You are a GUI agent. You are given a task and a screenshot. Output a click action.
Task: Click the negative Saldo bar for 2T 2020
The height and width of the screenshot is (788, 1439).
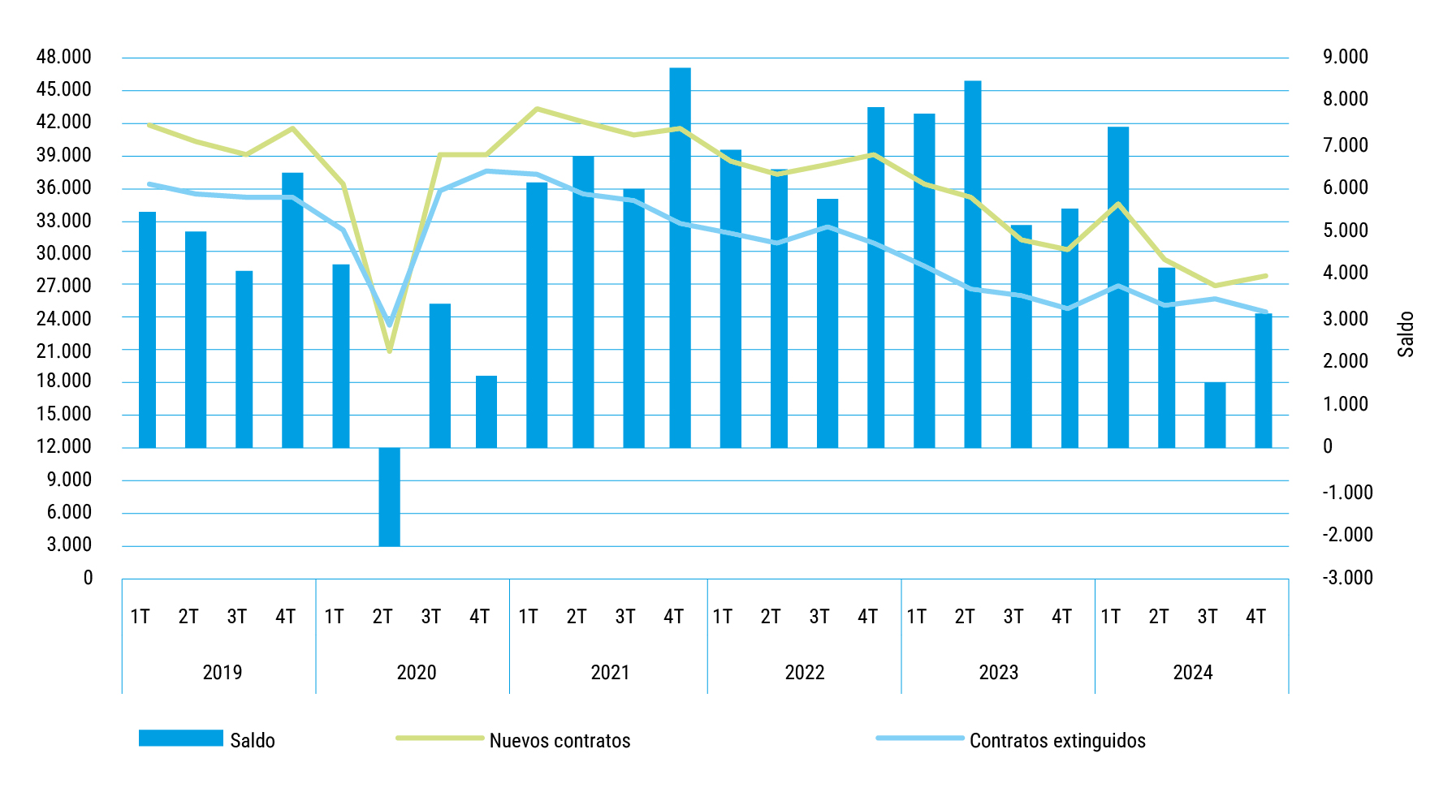tap(389, 496)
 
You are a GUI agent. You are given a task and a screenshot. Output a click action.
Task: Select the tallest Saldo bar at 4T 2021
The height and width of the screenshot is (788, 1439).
tap(680, 257)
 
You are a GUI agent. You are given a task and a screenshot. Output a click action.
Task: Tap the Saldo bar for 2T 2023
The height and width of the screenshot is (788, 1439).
tap(972, 264)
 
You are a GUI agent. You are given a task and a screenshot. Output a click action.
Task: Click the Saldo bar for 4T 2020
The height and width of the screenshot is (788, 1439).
tap(486, 411)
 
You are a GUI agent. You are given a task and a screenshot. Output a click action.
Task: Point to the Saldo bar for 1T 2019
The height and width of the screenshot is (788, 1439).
tap(147, 329)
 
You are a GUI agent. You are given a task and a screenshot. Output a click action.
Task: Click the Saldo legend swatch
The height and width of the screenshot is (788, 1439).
tap(180, 738)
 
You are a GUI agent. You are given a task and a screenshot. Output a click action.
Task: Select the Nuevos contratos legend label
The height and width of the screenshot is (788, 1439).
tap(560, 741)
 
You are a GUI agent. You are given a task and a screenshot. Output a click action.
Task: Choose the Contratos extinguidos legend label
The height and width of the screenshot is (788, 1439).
tap(1057, 741)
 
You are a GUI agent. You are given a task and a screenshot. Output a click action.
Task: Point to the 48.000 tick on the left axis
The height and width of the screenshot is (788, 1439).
tap(64, 57)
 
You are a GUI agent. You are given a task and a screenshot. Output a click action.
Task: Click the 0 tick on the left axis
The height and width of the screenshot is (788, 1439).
tap(88, 578)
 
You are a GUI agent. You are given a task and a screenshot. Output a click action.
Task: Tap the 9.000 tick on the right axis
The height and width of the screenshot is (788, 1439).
tap(1346, 57)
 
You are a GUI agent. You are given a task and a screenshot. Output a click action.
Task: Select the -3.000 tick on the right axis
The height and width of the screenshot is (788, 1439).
tap(1347, 578)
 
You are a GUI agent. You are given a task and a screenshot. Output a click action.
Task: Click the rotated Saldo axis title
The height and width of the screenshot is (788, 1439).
tap(1406, 334)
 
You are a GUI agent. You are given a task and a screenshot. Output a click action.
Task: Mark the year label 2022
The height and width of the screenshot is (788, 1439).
tap(804, 673)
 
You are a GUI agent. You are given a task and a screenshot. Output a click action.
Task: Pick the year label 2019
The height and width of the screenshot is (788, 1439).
tap(223, 673)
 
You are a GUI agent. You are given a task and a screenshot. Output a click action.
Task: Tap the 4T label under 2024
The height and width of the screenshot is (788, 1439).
tap(1255, 617)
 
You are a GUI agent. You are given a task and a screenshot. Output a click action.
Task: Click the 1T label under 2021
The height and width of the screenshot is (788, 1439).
tap(528, 617)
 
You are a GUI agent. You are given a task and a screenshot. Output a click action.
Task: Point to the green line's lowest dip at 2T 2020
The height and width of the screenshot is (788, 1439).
tap(389, 351)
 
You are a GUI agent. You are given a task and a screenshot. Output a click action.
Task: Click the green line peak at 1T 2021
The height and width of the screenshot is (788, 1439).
tap(537, 109)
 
